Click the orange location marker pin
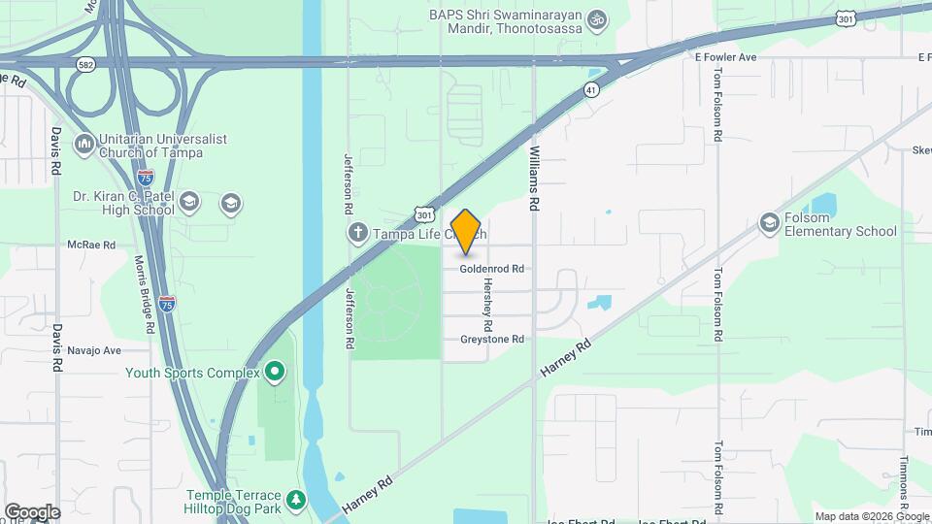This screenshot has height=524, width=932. pyautogui.click(x=466, y=231)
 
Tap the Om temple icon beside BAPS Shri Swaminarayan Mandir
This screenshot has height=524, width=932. pyautogui.click(x=598, y=17)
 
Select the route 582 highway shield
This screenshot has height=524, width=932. pyautogui.click(x=85, y=63)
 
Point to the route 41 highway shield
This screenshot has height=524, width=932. pyautogui.click(x=591, y=89)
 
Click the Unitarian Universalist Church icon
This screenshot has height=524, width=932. pyautogui.click(x=84, y=146)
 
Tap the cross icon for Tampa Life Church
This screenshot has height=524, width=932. pyautogui.click(x=357, y=233)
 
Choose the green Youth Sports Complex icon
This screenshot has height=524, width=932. pyautogui.click(x=275, y=372)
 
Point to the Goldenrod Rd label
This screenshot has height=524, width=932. pyautogui.click(x=491, y=269)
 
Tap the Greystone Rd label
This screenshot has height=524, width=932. pyautogui.click(x=491, y=339)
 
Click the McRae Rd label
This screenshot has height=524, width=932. pyautogui.click(x=91, y=246)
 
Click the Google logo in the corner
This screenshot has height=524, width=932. pyautogui.click(x=32, y=512)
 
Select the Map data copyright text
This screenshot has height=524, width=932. pyautogui.click(x=872, y=516)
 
